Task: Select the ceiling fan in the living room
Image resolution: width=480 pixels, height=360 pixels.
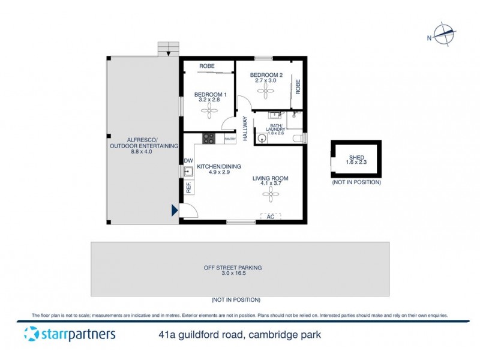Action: [271, 193]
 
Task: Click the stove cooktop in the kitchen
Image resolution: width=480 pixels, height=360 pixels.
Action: [209, 139]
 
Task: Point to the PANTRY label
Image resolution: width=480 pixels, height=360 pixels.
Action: [230, 139]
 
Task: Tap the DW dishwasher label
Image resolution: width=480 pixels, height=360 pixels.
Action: [188, 161]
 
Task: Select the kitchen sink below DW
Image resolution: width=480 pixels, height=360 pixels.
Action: [188, 172]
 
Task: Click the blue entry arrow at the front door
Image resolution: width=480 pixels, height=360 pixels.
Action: [175, 210]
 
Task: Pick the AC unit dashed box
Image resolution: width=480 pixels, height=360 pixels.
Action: [271, 216]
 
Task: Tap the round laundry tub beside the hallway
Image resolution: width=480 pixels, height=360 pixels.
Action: [261, 137]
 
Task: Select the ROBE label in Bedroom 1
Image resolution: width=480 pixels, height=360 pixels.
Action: [207, 67]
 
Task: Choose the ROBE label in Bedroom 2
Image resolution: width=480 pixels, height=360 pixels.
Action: [298, 86]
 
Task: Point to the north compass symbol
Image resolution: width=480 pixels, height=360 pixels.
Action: [445, 35]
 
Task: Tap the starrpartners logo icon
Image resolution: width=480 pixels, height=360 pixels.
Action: [31, 334]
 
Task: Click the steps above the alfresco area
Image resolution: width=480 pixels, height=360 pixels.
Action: [169, 48]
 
